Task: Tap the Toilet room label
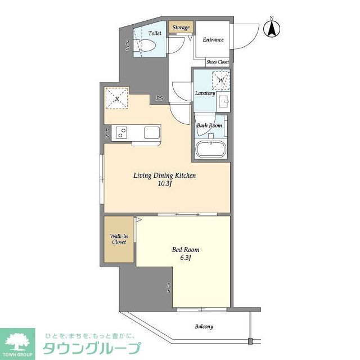[155, 33]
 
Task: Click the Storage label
[181, 28]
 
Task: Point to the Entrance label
[213, 39]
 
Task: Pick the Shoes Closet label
[218, 62]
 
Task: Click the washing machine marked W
[221, 80]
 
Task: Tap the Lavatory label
[205, 93]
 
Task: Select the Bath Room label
[209, 125]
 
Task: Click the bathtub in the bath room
[210, 150]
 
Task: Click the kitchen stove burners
[122, 133]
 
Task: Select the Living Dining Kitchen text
[164, 175]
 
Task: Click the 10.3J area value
[164, 184]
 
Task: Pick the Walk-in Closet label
[118, 238]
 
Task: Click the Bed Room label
[185, 249]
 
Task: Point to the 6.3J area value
[185, 258]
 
